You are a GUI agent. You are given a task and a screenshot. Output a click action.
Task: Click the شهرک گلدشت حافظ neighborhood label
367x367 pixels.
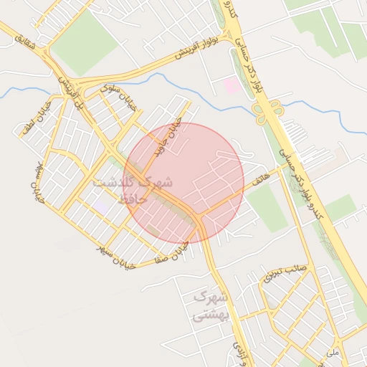[132, 189]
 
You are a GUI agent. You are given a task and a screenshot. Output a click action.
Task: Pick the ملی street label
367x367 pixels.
[331, 353]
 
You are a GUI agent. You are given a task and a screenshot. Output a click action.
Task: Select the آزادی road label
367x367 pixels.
[239, 352]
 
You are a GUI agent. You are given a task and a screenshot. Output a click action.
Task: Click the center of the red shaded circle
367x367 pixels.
[183, 182]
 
